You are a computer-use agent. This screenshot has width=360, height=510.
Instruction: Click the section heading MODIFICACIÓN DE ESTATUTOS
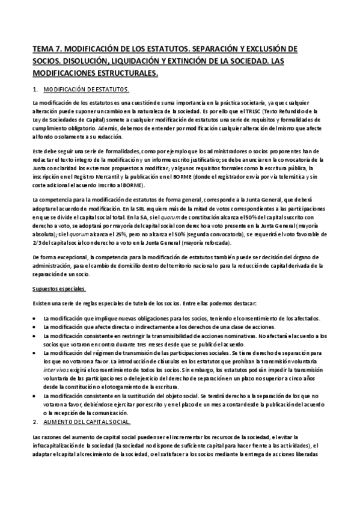click(87, 90)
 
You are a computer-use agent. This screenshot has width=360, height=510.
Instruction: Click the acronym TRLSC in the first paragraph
click(238, 111)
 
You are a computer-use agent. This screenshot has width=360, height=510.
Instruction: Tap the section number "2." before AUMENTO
click(35, 423)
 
